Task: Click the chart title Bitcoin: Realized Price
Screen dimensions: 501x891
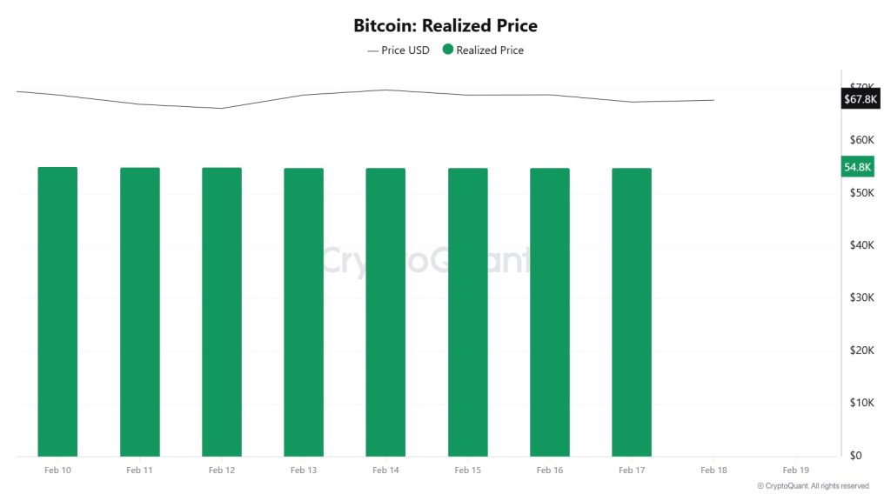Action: click(x=445, y=25)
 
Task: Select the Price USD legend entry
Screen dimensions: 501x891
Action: click(x=399, y=50)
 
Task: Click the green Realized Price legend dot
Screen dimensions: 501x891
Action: click(x=448, y=50)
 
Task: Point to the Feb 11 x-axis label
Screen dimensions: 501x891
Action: click(x=139, y=470)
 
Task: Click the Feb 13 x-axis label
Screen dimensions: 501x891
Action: click(x=304, y=470)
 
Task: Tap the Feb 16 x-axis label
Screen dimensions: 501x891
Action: click(x=550, y=470)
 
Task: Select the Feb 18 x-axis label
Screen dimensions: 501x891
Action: click(x=713, y=470)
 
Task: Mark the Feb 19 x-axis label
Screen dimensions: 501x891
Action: click(x=796, y=470)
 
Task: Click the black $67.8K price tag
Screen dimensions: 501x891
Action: click(x=861, y=99)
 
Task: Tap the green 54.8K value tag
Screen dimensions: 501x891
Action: click(x=858, y=167)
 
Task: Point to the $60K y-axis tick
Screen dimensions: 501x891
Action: click(x=862, y=140)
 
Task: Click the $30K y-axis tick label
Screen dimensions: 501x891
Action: click(x=862, y=297)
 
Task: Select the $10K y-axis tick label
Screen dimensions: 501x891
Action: click(x=862, y=403)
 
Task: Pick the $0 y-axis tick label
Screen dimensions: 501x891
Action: click(x=856, y=455)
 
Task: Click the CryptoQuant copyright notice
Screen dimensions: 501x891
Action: click(x=813, y=486)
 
